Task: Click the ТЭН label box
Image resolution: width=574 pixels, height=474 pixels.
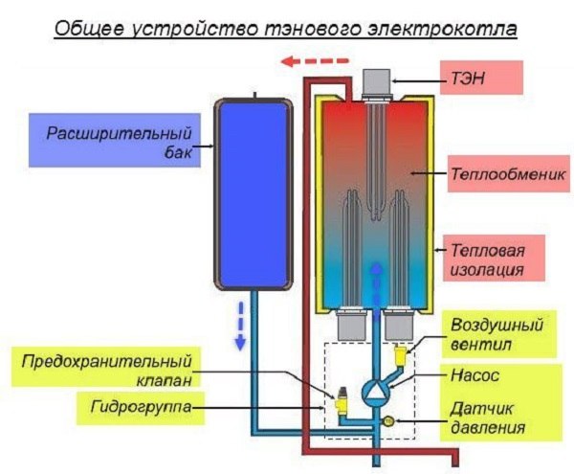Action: pos(478,77)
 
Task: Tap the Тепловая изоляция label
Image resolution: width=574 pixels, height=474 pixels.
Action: pos(486,260)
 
